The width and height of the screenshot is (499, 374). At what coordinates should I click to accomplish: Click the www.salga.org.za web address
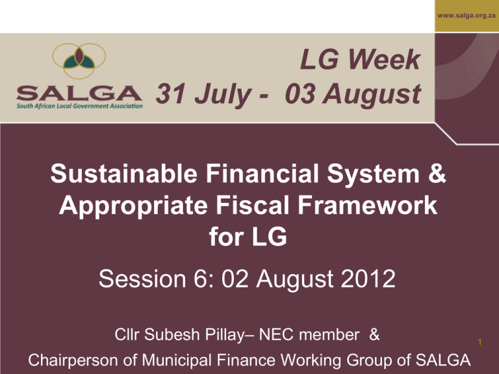tap(467, 16)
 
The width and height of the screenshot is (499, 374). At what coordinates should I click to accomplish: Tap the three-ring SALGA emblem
tap(79, 61)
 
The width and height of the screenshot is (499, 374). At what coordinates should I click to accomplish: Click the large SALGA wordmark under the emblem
tap(79, 93)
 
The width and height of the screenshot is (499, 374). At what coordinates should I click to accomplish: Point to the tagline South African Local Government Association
tap(79, 106)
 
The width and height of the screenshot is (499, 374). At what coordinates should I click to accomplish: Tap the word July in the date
tap(224, 95)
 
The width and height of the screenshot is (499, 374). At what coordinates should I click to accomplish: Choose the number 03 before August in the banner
tap(300, 93)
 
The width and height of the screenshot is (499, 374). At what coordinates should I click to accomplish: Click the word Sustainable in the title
tap(124, 173)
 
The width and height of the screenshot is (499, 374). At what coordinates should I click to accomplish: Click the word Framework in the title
tap(368, 205)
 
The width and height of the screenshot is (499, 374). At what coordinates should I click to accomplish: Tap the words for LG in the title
tap(248, 237)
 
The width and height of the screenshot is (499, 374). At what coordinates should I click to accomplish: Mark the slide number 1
tap(480, 342)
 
